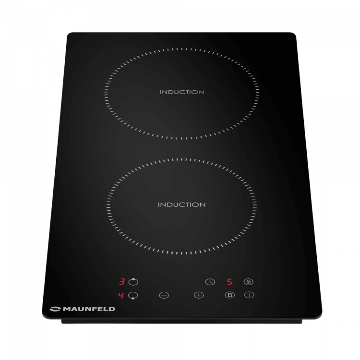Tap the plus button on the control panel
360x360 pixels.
click(x=199, y=295)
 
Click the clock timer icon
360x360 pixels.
click(x=210, y=282)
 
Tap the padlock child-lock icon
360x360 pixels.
click(x=249, y=282)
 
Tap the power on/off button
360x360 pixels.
click(x=249, y=295)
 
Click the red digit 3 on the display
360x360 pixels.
click(x=122, y=282)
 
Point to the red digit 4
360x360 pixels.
click(x=121, y=295)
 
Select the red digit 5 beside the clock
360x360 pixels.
click(x=229, y=282)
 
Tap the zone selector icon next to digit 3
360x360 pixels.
click(x=133, y=282)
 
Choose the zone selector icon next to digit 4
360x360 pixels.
click(x=133, y=296)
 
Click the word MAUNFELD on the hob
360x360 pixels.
click(x=89, y=309)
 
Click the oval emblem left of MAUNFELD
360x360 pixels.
click(x=55, y=309)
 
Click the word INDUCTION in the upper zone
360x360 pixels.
click(x=182, y=92)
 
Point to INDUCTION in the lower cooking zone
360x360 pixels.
click(x=181, y=204)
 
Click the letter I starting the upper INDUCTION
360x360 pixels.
click(x=161, y=92)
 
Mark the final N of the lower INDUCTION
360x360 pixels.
click(x=203, y=204)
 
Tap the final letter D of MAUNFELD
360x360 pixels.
click(x=112, y=309)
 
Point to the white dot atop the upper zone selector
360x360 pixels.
click(x=133, y=278)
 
